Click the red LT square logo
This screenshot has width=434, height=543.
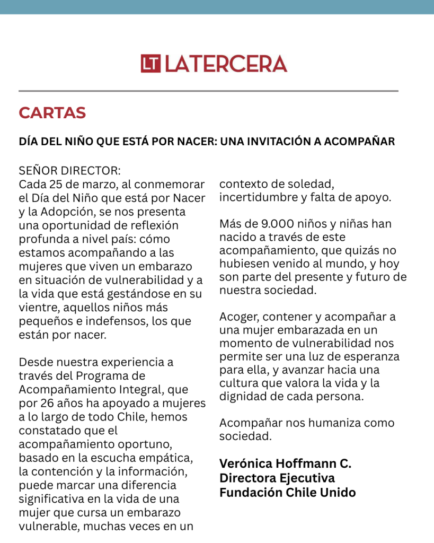[x=150, y=64]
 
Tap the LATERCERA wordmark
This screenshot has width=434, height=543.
[x=226, y=64]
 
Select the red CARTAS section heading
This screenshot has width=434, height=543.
[x=52, y=113]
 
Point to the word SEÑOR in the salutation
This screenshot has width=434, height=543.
[x=38, y=171]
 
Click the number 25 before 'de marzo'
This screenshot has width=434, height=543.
[x=56, y=185]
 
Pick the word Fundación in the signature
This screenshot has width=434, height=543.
[x=246, y=492]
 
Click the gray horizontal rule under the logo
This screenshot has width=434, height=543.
[x=208, y=91]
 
